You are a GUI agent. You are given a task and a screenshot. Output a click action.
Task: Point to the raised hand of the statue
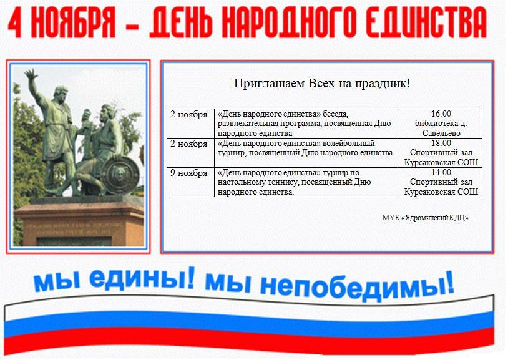click(x=31, y=75)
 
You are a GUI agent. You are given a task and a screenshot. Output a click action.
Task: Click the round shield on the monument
click(x=120, y=174)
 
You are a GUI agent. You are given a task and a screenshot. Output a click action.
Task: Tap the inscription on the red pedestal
click(x=69, y=228)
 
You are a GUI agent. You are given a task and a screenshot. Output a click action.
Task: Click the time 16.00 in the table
click(x=441, y=114)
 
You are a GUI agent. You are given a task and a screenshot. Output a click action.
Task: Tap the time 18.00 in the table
click(x=441, y=143)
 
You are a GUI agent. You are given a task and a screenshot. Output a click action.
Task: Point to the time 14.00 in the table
click(x=441, y=172)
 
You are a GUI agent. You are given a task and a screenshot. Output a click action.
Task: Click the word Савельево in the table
click(x=441, y=133)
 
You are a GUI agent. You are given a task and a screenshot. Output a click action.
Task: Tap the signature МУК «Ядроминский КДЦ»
click(x=426, y=218)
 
